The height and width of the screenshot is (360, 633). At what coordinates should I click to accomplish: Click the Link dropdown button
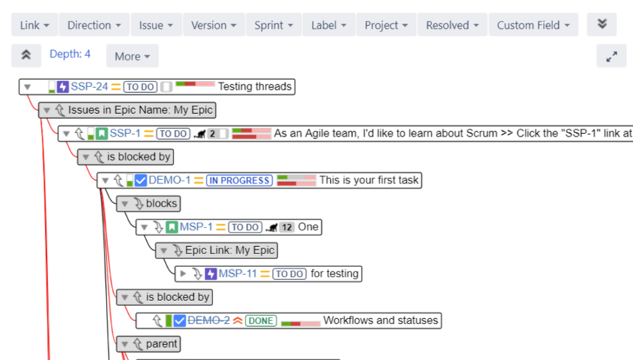(x=34, y=25)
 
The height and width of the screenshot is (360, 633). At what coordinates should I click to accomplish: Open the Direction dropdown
(x=94, y=25)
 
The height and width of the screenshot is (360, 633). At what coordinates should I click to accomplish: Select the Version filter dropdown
(x=214, y=25)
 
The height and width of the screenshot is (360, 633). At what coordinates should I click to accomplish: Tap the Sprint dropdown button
(x=274, y=25)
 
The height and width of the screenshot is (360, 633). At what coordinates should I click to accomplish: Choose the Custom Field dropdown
(x=534, y=25)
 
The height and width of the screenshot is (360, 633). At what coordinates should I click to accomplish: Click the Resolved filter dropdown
(x=452, y=25)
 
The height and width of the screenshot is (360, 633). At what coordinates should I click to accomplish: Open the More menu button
(x=133, y=56)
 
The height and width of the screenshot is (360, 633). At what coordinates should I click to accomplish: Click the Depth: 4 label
(x=70, y=55)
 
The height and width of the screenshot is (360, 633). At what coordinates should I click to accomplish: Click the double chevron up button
(x=26, y=55)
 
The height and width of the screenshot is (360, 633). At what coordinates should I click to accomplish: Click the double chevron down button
(x=601, y=24)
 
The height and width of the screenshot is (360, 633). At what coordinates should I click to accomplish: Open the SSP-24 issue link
(x=89, y=87)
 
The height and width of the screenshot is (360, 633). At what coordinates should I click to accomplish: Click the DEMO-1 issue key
(x=170, y=181)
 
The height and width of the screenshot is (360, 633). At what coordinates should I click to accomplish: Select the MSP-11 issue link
(x=238, y=274)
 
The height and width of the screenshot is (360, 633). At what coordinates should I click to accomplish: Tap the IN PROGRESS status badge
(x=240, y=181)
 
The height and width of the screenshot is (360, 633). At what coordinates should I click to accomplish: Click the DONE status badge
(x=261, y=321)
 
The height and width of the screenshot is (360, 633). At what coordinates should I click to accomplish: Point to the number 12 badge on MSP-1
(x=287, y=228)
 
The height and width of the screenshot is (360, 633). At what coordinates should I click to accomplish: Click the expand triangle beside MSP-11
(x=183, y=274)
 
